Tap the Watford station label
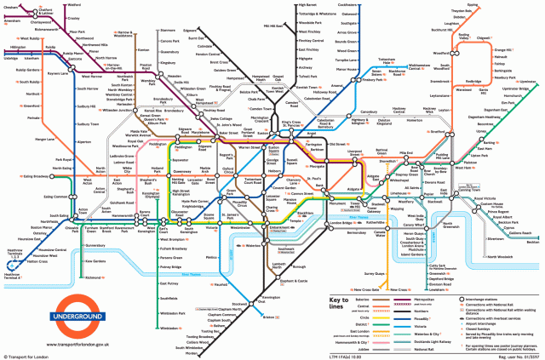pos(85,5)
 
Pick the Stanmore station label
pos(168,30)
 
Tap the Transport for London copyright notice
pos(28,356)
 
